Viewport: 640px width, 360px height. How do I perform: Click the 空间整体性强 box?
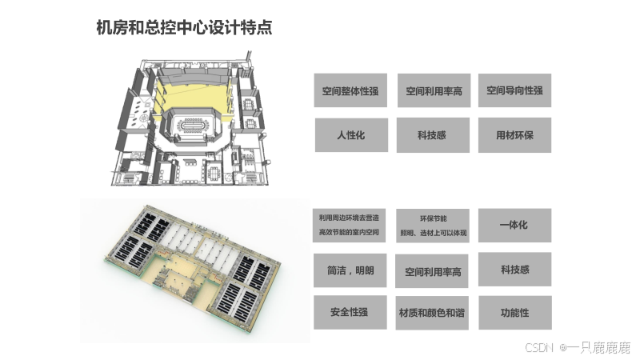click(350, 90)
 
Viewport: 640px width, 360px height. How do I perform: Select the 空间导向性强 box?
click(514, 90)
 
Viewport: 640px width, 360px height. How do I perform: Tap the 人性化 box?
click(351, 135)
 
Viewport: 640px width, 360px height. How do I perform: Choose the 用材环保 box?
click(514, 135)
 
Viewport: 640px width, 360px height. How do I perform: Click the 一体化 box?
click(514, 226)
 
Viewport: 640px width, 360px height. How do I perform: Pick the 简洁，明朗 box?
click(350, 270)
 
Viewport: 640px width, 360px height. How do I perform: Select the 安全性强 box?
click(350, 312)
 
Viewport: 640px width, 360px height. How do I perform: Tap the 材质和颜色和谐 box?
click(432, 313)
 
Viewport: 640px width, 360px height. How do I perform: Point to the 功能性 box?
click(515, 313)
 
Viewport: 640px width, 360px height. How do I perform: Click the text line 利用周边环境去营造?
click(349, 218)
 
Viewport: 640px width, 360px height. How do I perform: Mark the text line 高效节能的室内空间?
click(349, 232)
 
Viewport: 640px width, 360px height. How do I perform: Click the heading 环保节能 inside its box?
click(434, 218)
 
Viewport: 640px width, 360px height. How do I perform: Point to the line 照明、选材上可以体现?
click(434, 233)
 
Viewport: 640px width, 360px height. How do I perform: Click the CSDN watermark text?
click(539, 348)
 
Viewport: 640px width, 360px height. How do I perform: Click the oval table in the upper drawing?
click(191, 125)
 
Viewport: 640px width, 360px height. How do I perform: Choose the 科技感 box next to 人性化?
click(433, 135)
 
